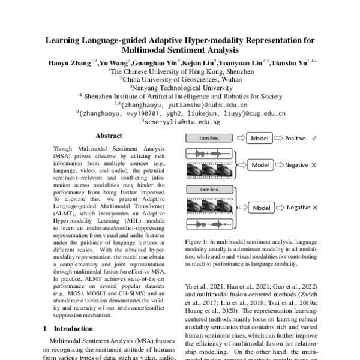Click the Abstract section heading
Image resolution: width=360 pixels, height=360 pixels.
(109, 136)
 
